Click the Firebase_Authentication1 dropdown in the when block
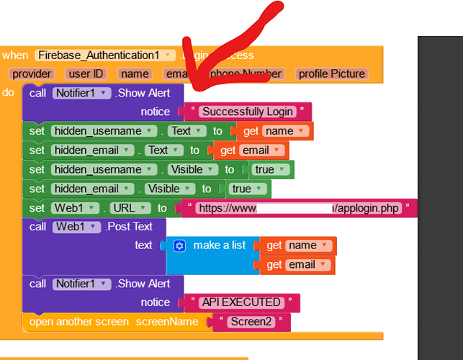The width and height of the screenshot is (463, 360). (x=105, y=55)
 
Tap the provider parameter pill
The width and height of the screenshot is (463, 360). (x=32, y=73)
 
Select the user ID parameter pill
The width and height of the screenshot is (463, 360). (x=86, y=73)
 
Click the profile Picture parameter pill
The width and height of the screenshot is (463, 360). (x=332, y=73)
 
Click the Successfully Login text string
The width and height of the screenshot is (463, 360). (x=248, y=112)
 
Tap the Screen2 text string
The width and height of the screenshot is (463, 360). (x=251, y=322)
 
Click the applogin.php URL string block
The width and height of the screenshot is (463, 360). (x=298, y=209)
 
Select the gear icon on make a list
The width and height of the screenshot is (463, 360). (x=180, y=246)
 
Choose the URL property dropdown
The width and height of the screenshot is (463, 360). (x=130, y=209)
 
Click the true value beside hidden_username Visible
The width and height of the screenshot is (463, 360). (x=270, y=170)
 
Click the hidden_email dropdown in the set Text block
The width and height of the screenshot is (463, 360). (x=92, y=150)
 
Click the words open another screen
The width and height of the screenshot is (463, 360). (x=78, y=322)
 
